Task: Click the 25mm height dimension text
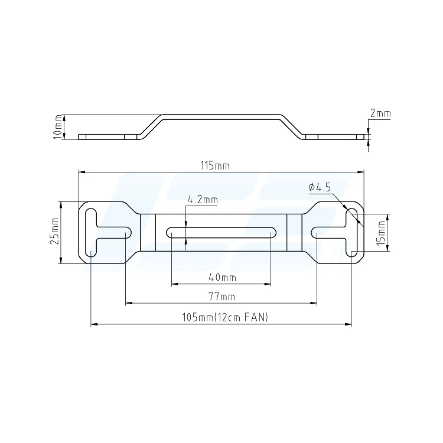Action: click(54, 232)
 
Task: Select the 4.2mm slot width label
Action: click(202, 200)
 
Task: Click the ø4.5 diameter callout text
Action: click(320, 187)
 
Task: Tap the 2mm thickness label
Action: click(380, 113)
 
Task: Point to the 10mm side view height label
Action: click(57, 126)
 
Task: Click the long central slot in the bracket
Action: click(221, 232)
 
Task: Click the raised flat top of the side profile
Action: click(221, 116)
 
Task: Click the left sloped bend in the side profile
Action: click(151, 126)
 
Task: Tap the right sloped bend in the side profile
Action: click(291, 126)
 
